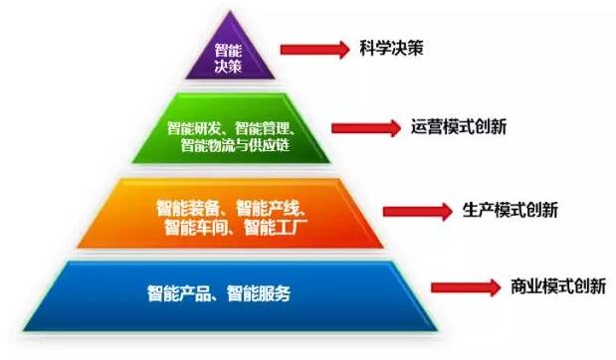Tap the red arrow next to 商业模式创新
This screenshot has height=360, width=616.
[x=463, y=287]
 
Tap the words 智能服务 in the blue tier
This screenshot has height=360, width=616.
[x=262, y=294]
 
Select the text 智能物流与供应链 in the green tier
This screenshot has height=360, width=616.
[x=236, y=146]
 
